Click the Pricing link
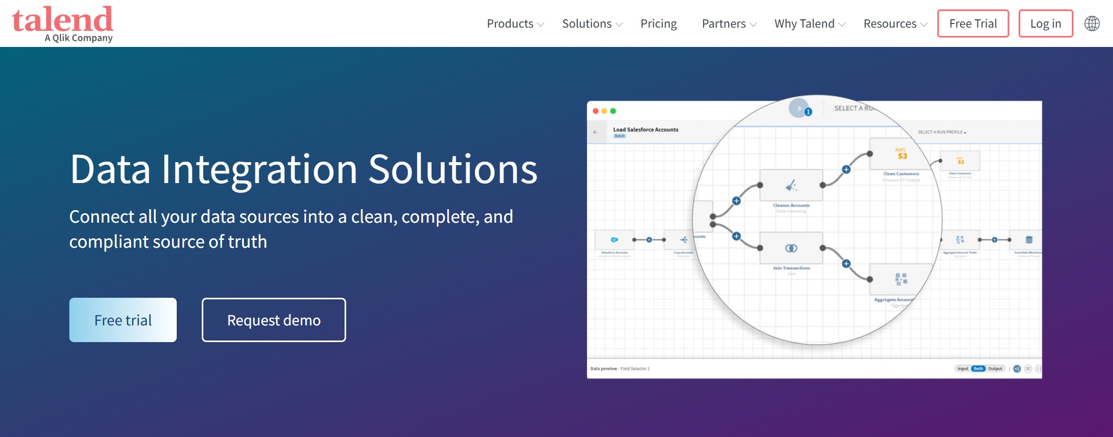click(658, 24)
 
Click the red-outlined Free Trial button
click(973, 24)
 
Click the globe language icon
click(1092, 24)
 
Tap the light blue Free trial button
click(123, 320)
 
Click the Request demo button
click(274, 320)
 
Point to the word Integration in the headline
click(259, 169)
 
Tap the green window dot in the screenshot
click(613, 111)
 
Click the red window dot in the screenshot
click(596, 111)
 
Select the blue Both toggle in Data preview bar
click(978, 369)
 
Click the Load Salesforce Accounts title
click(645, 130)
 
